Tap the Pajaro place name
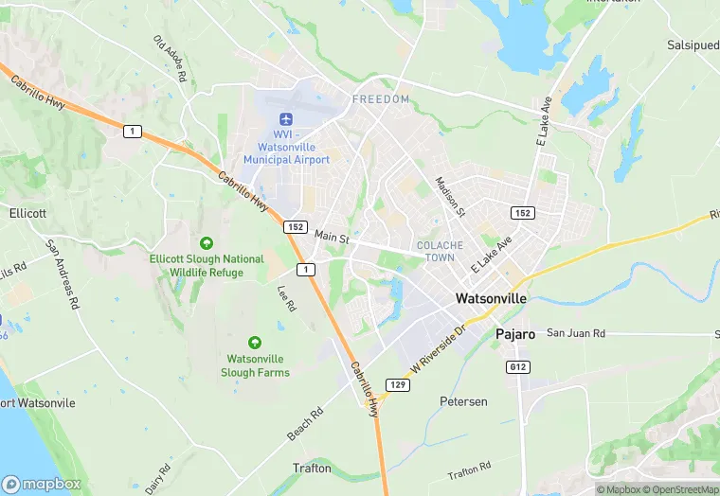[x=515, y=334]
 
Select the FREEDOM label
[x=381, y=99]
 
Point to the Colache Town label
[x=441, y=251]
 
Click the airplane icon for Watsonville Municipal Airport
[x=285, y=119]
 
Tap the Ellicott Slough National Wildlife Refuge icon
[x=207, y=243]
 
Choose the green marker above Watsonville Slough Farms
[x=254, y=342]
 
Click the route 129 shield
[x=397, y=383]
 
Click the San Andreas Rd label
[x=61, y=275]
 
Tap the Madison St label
[x=448, y=195]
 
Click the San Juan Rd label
[x=574, y=333]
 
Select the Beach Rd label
[x=305, y=424]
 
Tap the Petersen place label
[x=463, y=401]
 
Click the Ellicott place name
[x=27, y=213]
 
